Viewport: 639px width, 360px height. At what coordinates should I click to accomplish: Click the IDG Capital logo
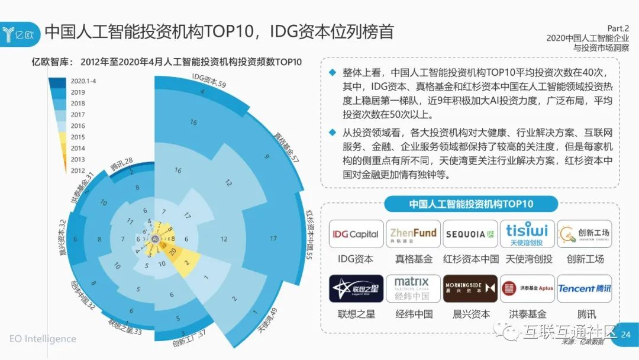click(x=355, y=234)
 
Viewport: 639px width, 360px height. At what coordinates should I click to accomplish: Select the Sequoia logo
click(x=470, y=234)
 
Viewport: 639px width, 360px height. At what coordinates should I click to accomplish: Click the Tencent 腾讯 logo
click(x=585, y=288)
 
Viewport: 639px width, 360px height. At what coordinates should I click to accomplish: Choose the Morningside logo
click(x=470, y=288)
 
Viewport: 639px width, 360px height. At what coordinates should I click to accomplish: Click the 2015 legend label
click(x=78, y=137)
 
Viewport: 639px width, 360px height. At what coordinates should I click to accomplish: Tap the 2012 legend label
click(x=78, y=171)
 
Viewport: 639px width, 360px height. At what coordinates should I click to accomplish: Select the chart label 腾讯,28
click(x=121, y=164)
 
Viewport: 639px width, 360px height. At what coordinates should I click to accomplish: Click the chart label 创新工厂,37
click(x=189, y=337)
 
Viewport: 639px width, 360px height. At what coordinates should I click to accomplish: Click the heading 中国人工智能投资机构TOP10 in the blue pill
click(x=471, y=204)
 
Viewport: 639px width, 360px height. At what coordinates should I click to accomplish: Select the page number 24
click(x=626, y=335)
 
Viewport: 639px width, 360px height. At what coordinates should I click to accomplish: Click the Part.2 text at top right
click(x=618, y=28)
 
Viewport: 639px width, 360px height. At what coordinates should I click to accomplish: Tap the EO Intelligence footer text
click(x=43, y=339)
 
